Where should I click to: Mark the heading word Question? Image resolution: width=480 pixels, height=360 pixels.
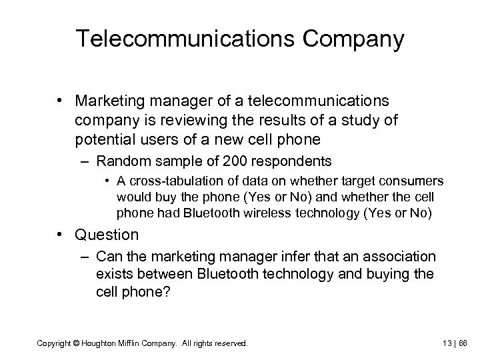tap(107, 234)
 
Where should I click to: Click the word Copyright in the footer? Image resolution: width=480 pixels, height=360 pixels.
tap(55, 343)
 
